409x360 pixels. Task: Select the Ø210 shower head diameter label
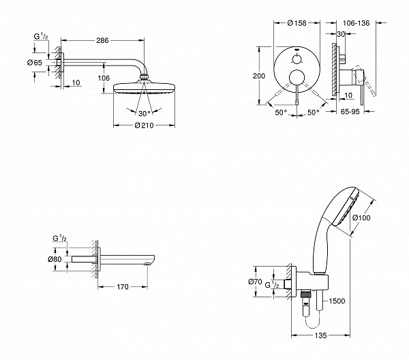click(x=142, y=126)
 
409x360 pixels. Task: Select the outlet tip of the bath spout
click(x=147, y=263)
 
